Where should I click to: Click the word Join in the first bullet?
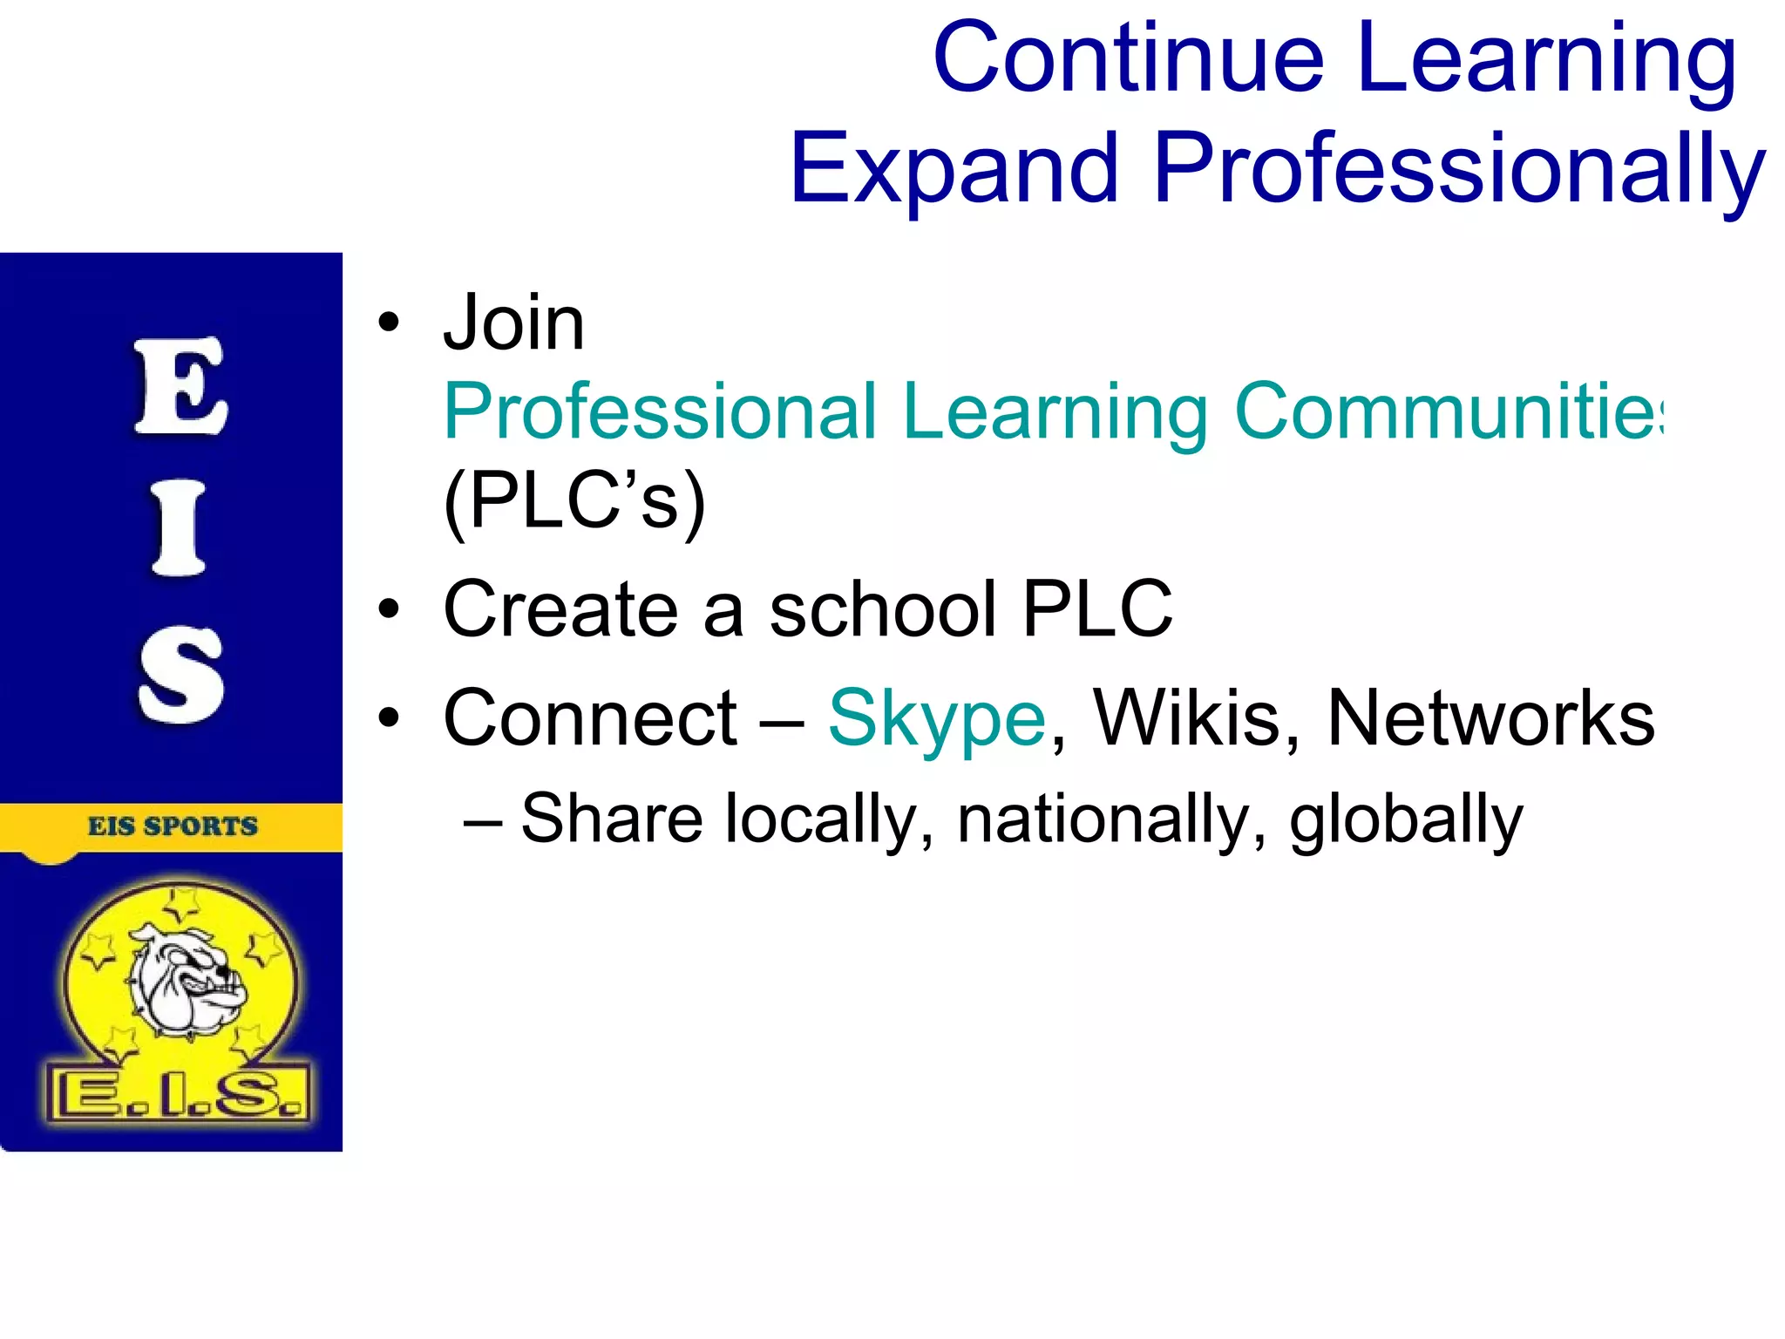tap(513, 323)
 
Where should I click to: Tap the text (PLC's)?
tap(574, 501)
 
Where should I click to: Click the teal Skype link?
tap(936, 719)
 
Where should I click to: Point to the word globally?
tap(1405, 820)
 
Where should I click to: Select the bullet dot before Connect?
tap(389, 718)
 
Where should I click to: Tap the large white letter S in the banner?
tap(180, 675)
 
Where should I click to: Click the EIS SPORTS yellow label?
tap(172, 826)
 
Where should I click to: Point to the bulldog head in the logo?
tap(187, 980)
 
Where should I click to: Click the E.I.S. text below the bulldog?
tap(179, 1095)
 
